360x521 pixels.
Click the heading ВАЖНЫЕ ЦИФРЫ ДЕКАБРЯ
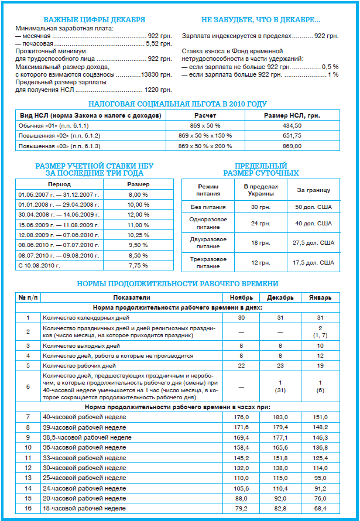click(95, 19)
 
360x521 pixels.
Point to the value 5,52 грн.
click(159, 43)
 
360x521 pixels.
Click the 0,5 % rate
click(330, 67)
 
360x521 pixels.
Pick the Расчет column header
click(205, 116)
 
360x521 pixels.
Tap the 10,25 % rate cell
click(138, 234)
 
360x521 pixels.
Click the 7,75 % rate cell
click(138, 265)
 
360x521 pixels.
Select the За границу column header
click(314, 190)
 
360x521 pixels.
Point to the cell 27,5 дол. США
click(315, 242)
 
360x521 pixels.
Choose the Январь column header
click(320, 298)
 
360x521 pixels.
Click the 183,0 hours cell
click(281, 417)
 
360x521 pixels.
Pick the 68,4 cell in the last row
click(320, 508)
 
